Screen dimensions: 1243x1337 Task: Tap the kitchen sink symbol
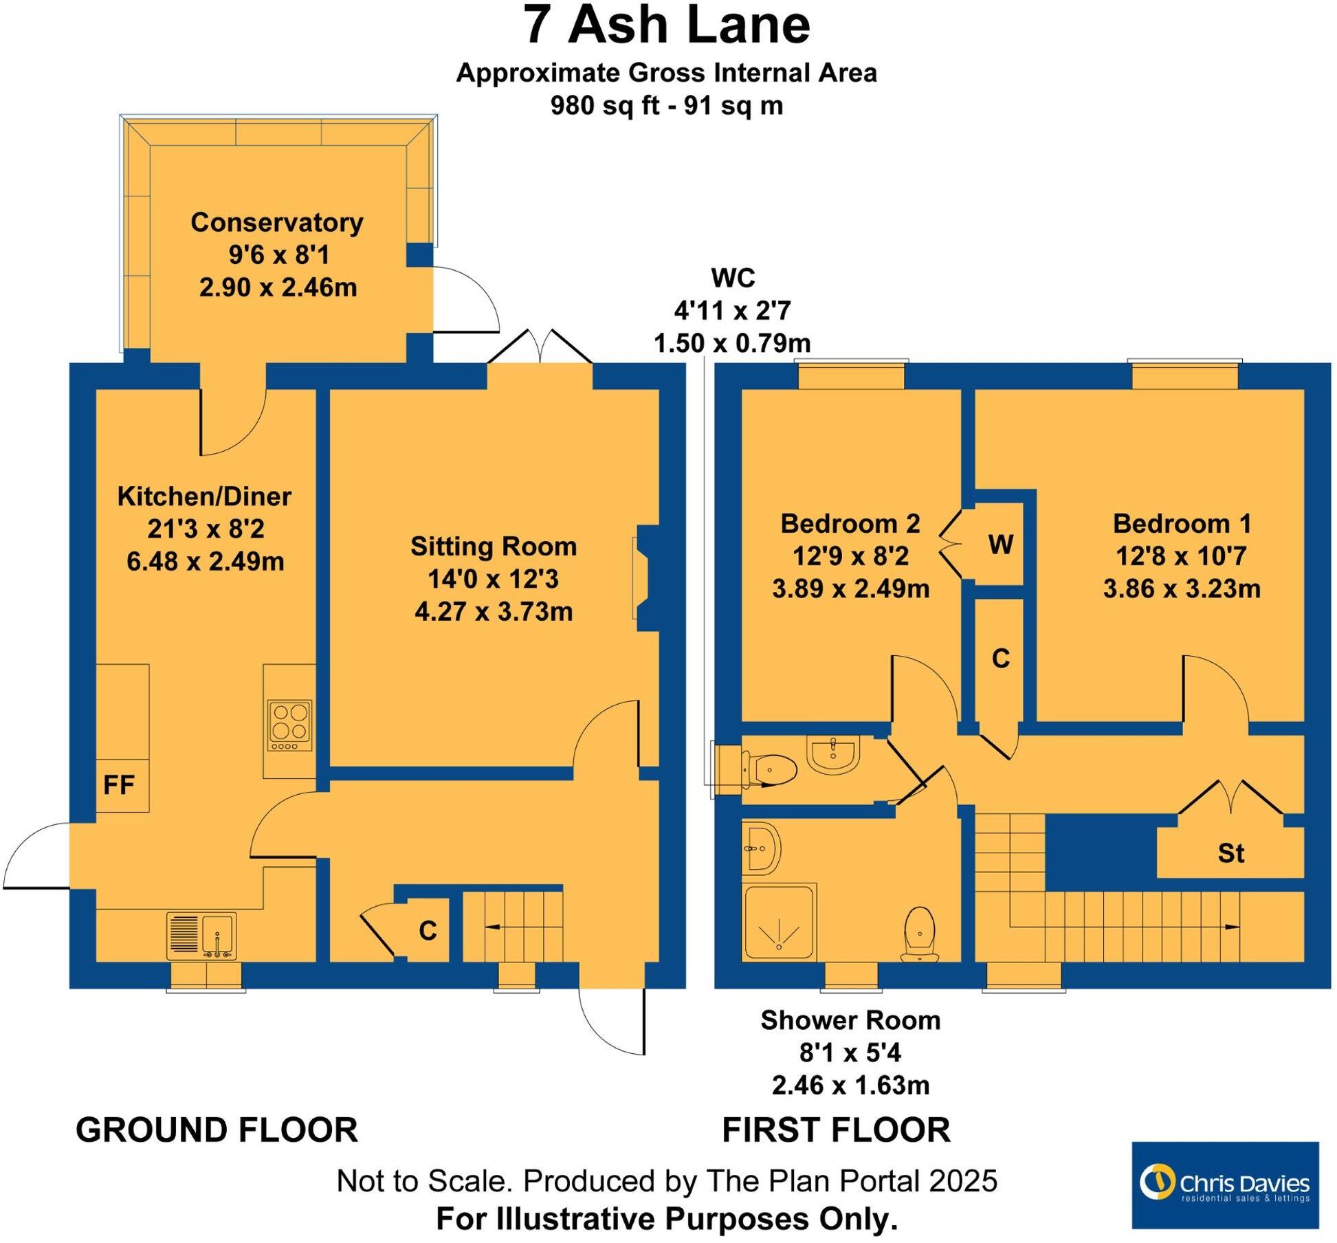point(201,936)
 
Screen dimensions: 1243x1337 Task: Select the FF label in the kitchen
point(119,784)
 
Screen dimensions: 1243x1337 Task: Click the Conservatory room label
point(277,223)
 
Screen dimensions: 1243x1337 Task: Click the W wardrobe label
point(1000,544)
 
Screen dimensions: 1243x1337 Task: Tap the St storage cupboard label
point(1230,853)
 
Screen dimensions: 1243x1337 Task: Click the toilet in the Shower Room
point(920,934)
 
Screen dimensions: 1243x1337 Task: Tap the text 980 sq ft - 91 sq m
point(667,106)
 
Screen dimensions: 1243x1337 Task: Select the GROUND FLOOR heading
point(217,1130)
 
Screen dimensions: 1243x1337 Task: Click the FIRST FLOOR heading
point(836,1130)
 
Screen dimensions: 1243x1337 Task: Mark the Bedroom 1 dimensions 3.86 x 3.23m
point(1181,588)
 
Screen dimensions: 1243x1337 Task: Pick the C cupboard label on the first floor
point(1000,659)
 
